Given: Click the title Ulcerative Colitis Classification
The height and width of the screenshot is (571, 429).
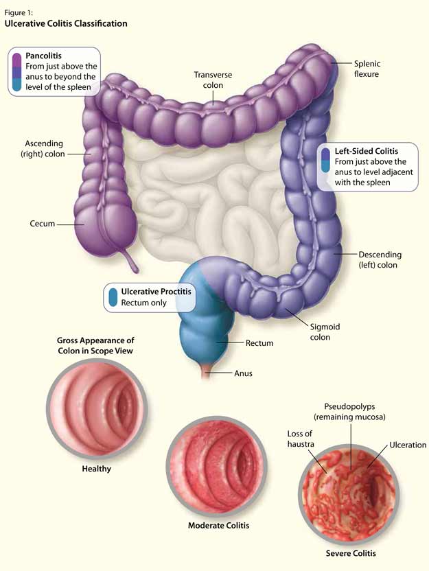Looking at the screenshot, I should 66,23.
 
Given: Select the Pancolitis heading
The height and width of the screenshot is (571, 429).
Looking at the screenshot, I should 45,54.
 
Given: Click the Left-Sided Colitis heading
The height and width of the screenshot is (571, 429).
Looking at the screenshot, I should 366,151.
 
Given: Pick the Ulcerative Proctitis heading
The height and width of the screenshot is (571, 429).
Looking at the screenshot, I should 156,292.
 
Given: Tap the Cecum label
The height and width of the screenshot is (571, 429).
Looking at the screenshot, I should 42,224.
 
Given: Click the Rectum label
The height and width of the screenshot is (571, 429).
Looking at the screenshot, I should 259,342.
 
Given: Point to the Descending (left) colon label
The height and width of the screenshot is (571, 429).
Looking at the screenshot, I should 380,259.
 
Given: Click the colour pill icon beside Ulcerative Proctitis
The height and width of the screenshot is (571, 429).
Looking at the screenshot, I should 113,297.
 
